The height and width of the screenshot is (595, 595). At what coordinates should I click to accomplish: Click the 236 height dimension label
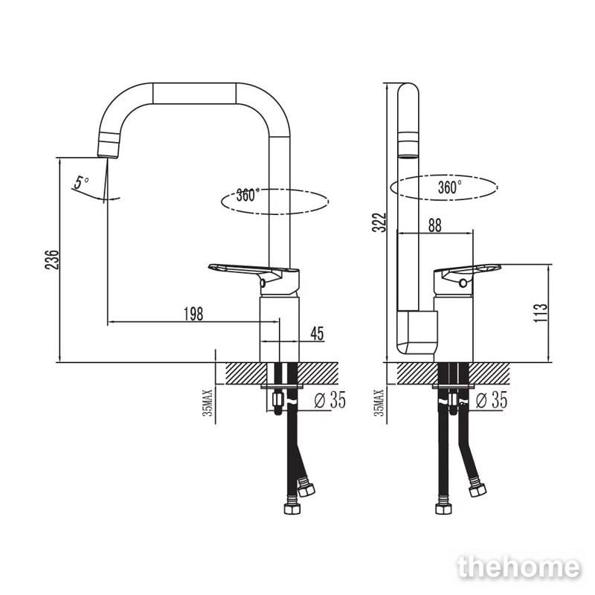coord(52,260)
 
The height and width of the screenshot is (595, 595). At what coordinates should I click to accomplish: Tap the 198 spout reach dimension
coord(193,314)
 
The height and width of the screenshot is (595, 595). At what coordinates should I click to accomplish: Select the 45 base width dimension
coord(318,333)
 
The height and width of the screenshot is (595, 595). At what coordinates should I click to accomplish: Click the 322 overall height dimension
coord(379,222)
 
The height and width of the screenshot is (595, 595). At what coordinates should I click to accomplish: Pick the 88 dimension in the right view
coord(435,225)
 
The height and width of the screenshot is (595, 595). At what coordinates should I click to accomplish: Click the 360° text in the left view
coord(248,195)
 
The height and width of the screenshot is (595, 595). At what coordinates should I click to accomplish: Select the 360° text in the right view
coord(450,187)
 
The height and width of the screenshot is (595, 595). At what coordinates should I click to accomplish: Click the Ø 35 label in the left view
coord(330,400)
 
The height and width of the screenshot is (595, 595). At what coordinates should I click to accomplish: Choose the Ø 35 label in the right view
coord(492,400)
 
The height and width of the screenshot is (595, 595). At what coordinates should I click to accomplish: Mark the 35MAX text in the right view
coord(379,403)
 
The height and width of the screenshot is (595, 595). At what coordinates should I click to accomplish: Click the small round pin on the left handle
coord(263,283)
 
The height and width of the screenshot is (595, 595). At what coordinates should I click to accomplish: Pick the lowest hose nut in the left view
coord(292,509)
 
